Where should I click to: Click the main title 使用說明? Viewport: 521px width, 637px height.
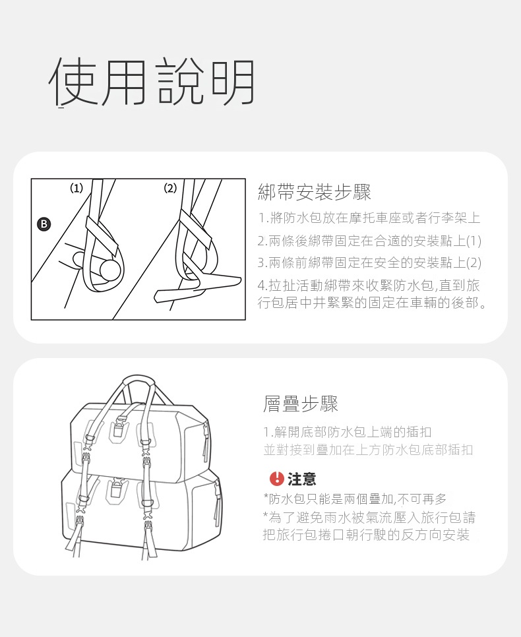pos(152,81)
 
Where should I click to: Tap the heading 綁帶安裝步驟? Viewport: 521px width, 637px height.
pos(315,192)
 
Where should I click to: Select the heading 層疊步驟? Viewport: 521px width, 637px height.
pos(300,404)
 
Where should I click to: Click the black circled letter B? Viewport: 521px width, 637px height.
pos(44,224)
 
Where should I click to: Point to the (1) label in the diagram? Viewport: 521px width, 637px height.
pos(77,188)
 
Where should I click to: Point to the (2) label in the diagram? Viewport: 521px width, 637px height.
pos(170,188)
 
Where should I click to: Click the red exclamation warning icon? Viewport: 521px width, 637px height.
pos(276,478)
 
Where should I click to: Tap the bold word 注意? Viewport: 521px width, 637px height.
pos(301,479)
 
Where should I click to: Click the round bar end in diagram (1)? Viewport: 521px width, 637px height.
pos(111,270)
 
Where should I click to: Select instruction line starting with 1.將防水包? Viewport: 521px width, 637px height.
pos(369,218)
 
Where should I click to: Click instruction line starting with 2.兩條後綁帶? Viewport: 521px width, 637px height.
pos(369,241)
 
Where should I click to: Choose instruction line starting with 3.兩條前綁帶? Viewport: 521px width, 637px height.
pos(369,263)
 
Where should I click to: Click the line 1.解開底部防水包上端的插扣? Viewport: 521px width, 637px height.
pos(347,432)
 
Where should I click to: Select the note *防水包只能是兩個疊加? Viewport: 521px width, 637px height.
pos(355,499)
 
